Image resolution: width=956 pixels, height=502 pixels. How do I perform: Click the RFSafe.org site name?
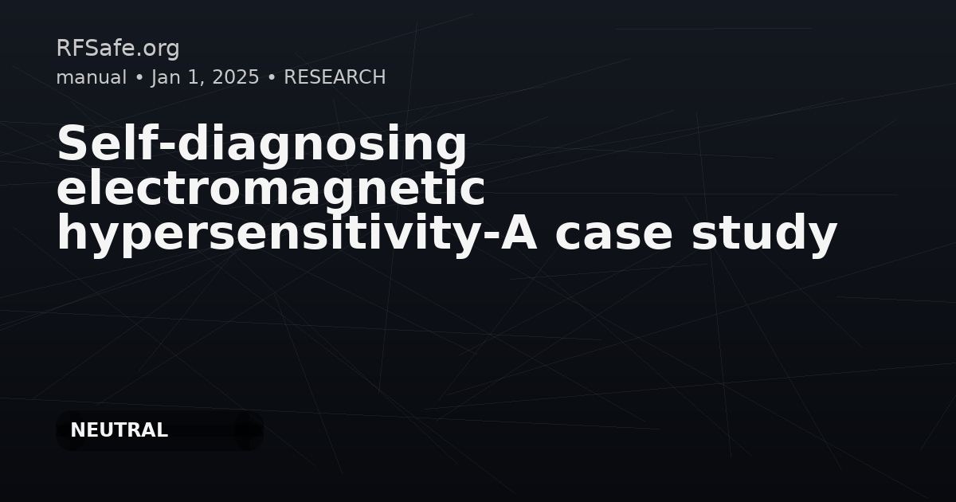[x=118, y=48]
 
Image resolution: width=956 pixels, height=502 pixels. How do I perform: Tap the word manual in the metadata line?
[x=92, y=77]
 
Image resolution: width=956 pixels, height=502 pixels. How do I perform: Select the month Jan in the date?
[x=166, y=77]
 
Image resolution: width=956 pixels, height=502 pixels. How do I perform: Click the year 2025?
[x=236, y=77]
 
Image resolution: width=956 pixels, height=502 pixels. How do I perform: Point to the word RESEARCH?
[x=335, y=77]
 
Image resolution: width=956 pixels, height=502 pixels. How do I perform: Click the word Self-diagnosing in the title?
[x=262, y=144]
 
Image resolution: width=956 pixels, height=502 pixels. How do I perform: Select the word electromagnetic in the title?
[x=271, y=188]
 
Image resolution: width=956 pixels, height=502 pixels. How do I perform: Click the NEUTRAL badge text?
[x=119, y=430]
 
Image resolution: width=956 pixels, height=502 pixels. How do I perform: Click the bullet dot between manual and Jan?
[x=139, y=78]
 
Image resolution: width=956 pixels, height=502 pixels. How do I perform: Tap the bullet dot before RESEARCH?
[x=272, y=78]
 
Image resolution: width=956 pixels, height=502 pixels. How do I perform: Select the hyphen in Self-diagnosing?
[x=167, y=146]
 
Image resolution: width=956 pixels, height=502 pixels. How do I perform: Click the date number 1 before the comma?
[x=191, y=77]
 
